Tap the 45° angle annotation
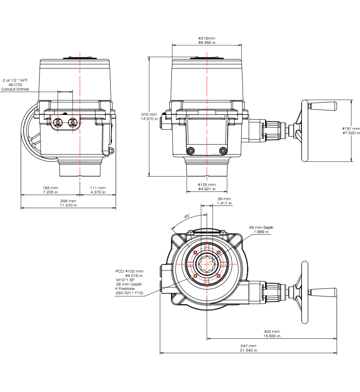point(187,216)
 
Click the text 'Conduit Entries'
point(15,89)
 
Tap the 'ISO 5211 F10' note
point(129,293)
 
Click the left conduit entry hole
point(58,123)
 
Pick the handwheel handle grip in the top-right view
point(324,106)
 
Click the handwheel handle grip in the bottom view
point(324,292)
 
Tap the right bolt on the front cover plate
point(223,151)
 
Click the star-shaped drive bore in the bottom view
point(207,264)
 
